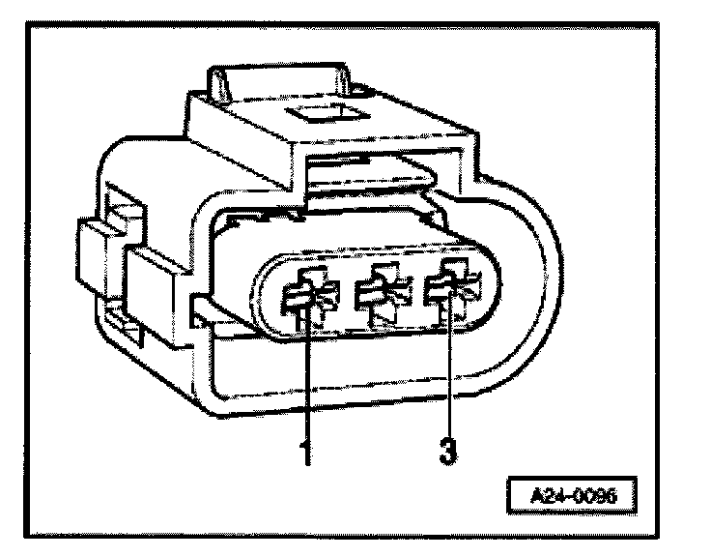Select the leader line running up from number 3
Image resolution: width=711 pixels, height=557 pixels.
(x=450, y=377)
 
